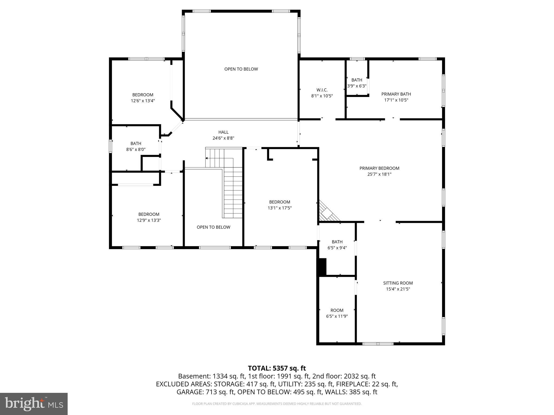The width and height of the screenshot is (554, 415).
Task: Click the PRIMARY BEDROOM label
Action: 379,168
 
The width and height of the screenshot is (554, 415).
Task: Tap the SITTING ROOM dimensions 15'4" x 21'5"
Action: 398,289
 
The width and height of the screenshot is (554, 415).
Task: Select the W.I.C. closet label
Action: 322,90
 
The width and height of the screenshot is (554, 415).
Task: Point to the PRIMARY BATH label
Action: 396,94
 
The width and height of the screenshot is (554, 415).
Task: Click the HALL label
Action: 223,132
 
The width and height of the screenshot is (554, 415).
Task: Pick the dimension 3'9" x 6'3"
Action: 357,86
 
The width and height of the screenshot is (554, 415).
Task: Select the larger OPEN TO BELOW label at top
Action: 241,69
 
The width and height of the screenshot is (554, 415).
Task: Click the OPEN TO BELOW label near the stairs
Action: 213,227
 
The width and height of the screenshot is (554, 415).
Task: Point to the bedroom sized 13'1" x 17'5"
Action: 279,205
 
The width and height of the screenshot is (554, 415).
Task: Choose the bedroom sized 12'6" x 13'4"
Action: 143,98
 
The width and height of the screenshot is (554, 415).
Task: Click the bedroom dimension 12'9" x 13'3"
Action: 149,220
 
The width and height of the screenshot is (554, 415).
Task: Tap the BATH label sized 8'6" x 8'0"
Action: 136,143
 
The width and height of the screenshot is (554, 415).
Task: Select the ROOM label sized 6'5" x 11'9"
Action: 337,310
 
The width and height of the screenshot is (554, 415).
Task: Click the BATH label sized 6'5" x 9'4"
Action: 337,242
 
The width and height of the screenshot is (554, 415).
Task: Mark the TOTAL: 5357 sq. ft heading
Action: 277,368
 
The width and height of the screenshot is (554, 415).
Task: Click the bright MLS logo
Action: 34,404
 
